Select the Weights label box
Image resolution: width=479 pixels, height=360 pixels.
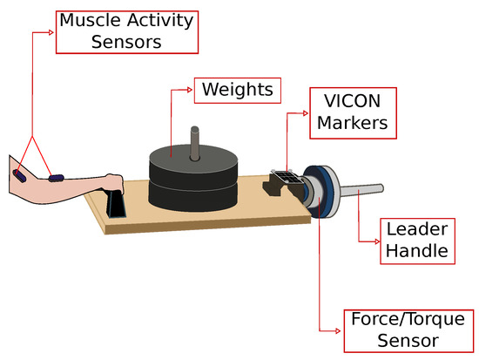click(x=237, y=89)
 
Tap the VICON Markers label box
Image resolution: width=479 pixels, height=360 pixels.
click(x=353, y=111)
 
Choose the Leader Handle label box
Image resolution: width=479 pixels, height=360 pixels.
click(x=418, y=241)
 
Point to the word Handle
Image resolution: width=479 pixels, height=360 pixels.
click(x=418, y=252)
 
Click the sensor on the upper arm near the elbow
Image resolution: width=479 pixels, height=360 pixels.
click(x=19, y=175)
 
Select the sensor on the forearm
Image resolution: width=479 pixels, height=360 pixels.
click(x=56, y=178)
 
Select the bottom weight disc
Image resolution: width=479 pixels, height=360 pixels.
click(x=192, y=194)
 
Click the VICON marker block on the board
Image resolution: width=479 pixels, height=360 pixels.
click(x=287, y=180)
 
